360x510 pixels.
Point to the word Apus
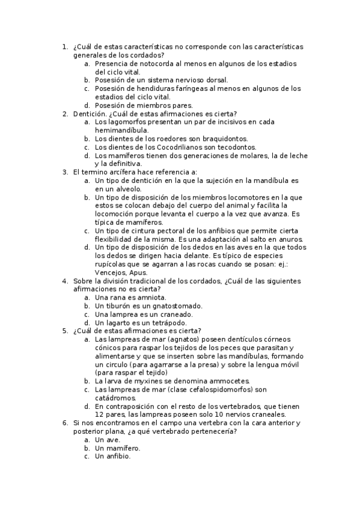click(138, 272)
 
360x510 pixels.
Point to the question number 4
click(64, 281)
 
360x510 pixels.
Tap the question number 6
click(64, 423)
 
